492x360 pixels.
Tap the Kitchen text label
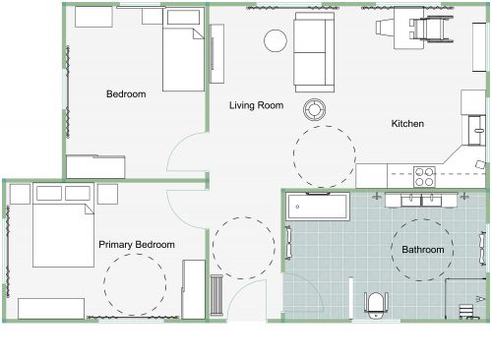(x=407, y=124)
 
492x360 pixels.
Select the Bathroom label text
(x=422, y=250)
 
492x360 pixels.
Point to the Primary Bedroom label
(x=137, y=244)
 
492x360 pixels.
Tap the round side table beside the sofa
(x=275, y=40)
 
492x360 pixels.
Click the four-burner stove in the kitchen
(x=425, y=176)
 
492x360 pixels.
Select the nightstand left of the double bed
(x=20, y=195)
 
